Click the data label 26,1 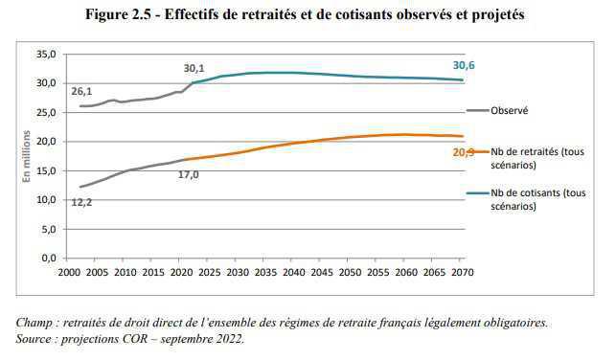tap(81, 91)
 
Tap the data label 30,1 tap(195, 68)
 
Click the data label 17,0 tap(188, 174)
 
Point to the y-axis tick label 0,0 tap(47, 259)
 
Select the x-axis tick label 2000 tap(68, 273)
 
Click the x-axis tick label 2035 tap(264, 273)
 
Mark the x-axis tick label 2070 tap(461, 273)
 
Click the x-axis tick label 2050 tap(349, 273)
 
